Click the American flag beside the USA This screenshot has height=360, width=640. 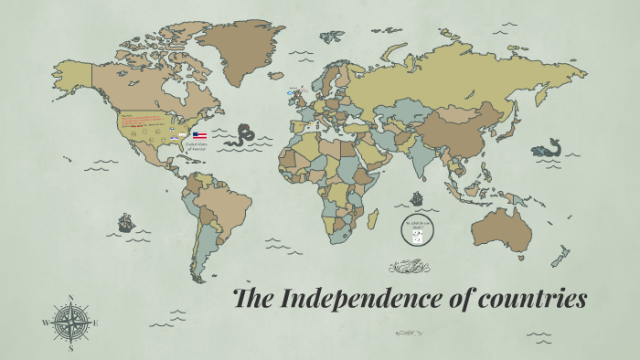(x=199, y=134)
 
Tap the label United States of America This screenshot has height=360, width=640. (x=198, y=145)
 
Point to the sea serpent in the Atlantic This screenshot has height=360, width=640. (x=243, y=134)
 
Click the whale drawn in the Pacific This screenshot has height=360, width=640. (x=548, y=147)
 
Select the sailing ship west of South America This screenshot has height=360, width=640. (x=125, y=222)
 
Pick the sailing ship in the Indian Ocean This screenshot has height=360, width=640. (x=417, y=197)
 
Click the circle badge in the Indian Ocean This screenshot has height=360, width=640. (x=416, y=231)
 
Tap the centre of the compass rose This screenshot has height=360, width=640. (x=71, y=322)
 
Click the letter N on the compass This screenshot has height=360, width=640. (x=71, y=297)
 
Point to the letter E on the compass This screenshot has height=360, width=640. (x=96, y=323)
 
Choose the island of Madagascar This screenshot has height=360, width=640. (x=373, y=220)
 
